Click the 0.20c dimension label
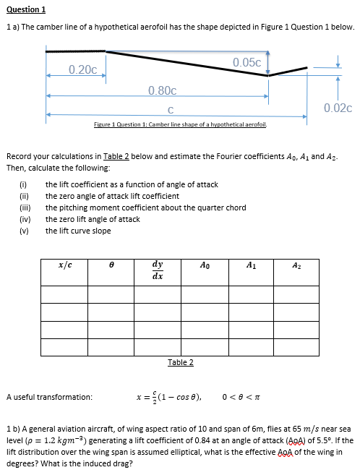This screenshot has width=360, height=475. pyautogui.click(x=83, y=69)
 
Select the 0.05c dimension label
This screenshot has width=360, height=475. pyautogui.click(x=247, y=62)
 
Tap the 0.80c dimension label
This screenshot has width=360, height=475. pyautogui.click(x=162, y=90)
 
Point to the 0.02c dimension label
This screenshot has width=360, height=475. pyautogui.click(x=338, y=108)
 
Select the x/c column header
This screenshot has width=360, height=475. pyautogui.click(x=64, y=266)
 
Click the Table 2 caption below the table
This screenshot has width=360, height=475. pyautogui.click(x=181, y=362)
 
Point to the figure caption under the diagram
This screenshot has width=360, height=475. pyautogui.click(x=181, y=125)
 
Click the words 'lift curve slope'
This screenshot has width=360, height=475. pyautogui.click(x=78, y=231)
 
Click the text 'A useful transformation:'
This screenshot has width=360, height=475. pyautogui.click(x=49, y=397)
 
